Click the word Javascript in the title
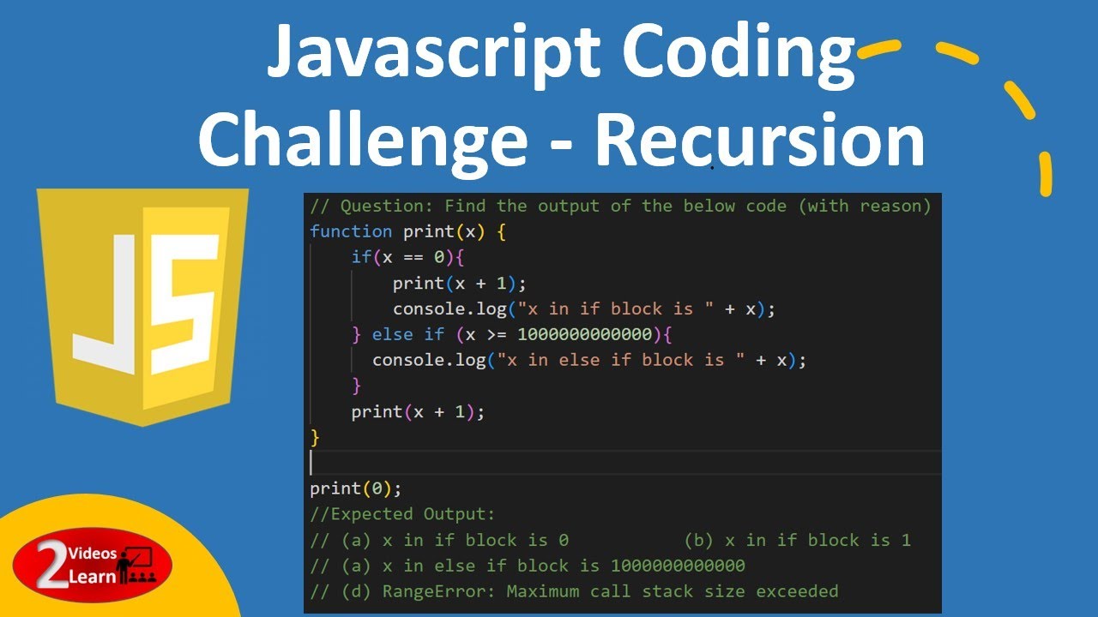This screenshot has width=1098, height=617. click(434, 53)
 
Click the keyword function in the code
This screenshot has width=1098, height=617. click(351, 231)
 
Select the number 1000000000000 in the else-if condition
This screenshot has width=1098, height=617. click(584, 334)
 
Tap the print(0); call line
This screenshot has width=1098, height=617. click(355, 488)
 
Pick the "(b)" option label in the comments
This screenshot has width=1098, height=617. click(699, 540)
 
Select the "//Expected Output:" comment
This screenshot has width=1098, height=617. click(403, 514)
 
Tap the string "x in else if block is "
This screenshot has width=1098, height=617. click(625, 360)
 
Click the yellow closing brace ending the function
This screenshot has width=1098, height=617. click(315, 437)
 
